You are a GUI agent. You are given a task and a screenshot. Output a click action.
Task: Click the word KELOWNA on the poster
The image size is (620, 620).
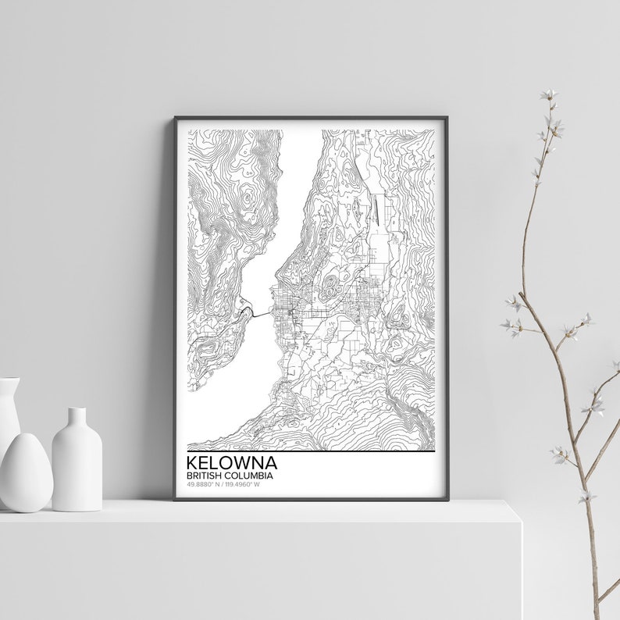[x=232, y=463]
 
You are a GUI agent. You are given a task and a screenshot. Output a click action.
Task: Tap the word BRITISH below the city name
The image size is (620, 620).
[x=205, y=475]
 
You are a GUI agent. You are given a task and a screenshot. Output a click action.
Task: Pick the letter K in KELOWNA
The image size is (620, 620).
[x=193, y=463]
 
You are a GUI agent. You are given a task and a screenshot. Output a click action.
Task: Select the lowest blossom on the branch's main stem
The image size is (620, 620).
[x=561, y=454]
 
